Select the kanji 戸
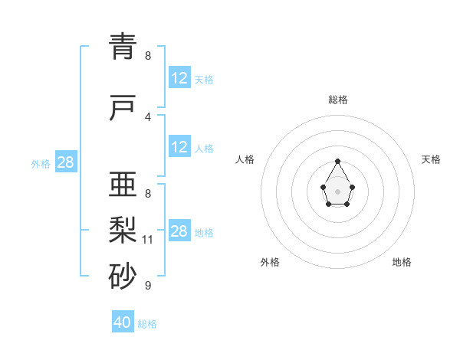point(123,109)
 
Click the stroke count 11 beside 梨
point(148,240)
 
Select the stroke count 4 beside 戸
point(148,117)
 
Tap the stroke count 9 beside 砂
point(148,286)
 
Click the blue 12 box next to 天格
point(179,78)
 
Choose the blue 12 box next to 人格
point(179,147)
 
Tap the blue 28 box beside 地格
point(179,231)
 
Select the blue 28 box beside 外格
point(65,162)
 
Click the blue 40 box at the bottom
point(123,322)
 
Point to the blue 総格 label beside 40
point(147,324)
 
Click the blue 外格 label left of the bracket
point(41,164)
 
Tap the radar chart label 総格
point(338,100)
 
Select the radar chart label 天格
point(431,159)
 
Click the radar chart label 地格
point(402,263)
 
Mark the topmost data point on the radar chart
point(338,161)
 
